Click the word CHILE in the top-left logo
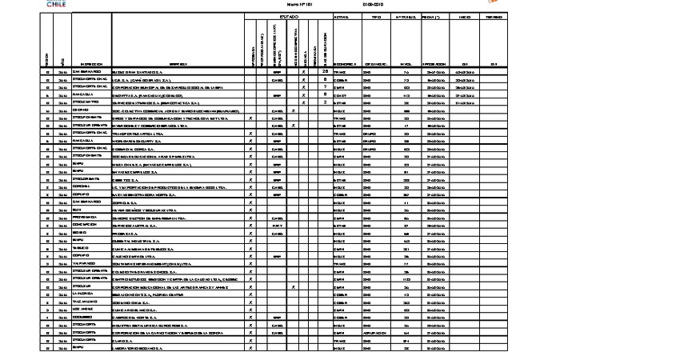pos(55,5)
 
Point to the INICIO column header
pos(464,16)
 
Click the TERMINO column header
pos(494,16)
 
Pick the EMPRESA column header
pos(178,64)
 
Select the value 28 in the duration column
pos(325,72)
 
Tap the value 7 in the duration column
pos(325,86)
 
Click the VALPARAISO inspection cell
pos(85,263)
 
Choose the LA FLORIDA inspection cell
pos(84,294)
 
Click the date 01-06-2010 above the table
pos(374,4)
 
